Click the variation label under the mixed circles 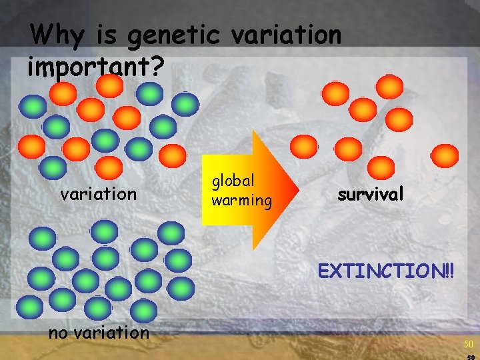point(98,194)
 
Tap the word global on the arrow point(233,181)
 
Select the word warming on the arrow point(241,199)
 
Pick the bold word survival point(371,194)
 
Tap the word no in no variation point(58,332)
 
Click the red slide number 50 point(469,344)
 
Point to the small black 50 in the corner point(470,357)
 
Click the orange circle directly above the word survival point(381,167)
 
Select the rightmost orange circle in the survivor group point(445,155)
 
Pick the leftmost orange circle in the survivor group point(304,146)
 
